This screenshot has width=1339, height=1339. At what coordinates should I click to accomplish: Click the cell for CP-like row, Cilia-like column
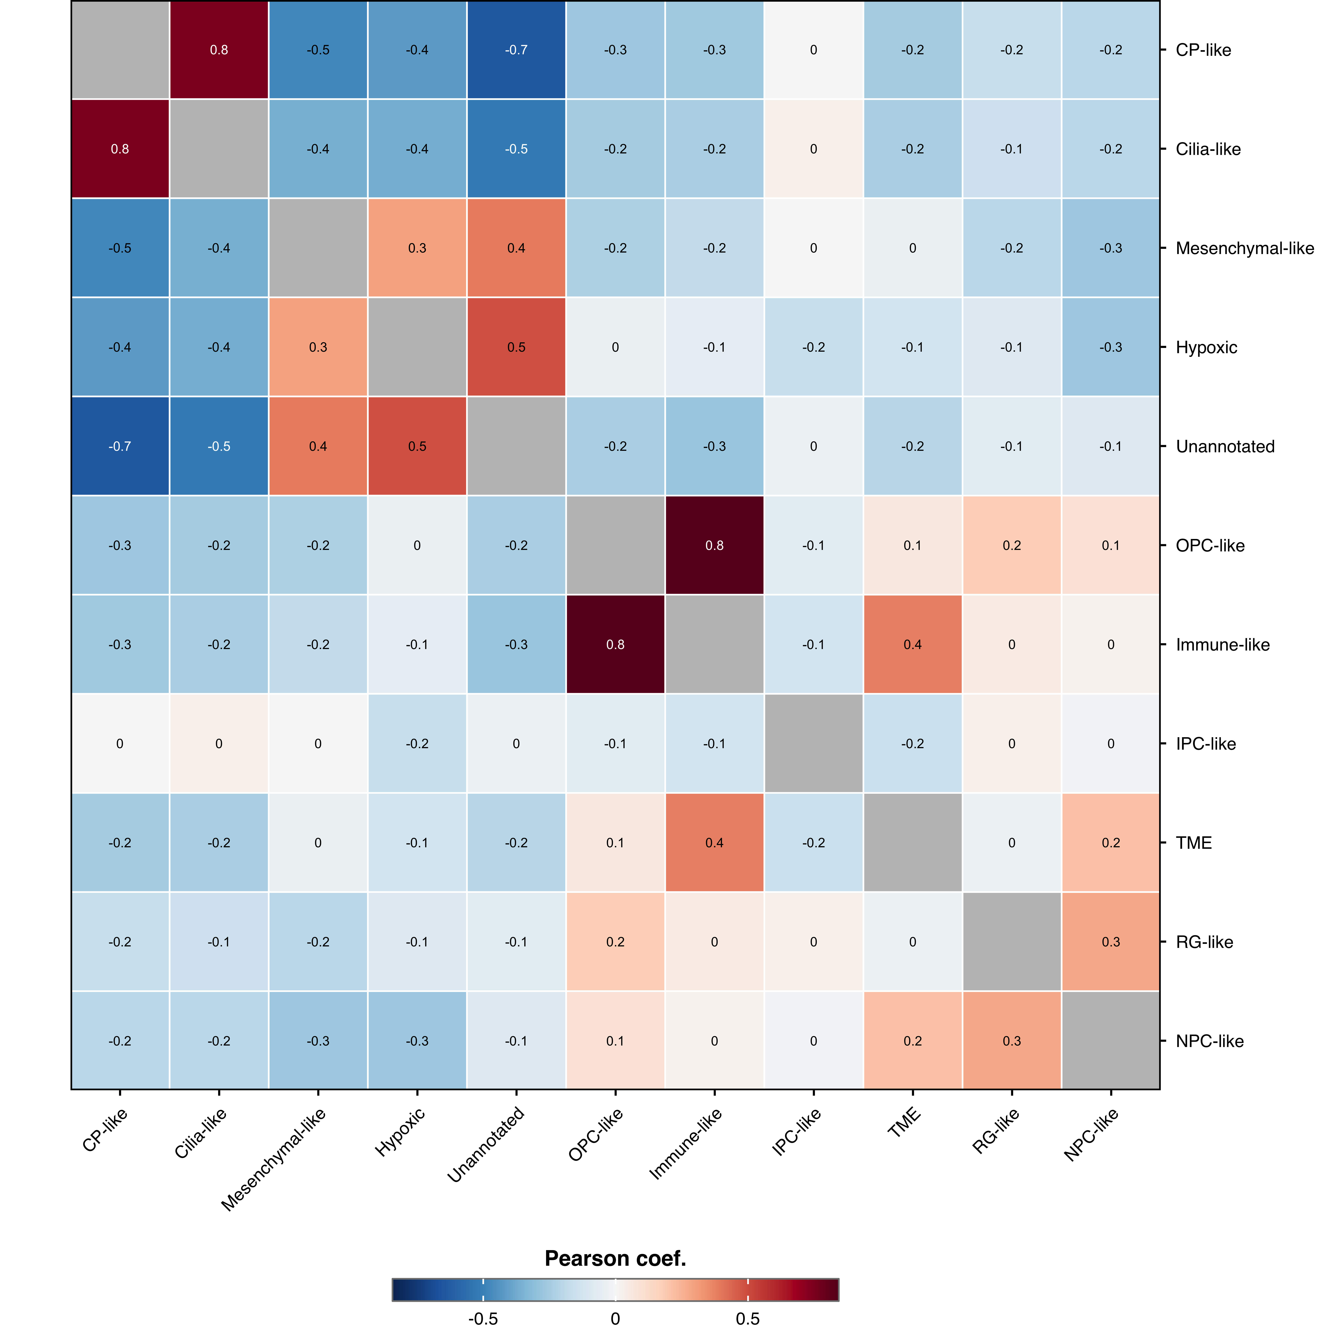[x=219, y=50]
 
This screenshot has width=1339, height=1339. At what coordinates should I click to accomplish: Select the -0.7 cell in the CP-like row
[x=516, y=50]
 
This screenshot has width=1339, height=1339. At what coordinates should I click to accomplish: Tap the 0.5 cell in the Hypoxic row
[x=516, y=347]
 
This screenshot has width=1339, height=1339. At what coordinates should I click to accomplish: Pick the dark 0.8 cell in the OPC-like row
[x=715, y=545]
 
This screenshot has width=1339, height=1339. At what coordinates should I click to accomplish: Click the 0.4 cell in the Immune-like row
[x=913, y=645]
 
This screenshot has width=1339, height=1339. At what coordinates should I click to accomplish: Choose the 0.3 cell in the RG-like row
[x=1111, y=942]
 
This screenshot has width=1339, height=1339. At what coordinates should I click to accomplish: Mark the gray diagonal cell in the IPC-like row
[x=814, y=744]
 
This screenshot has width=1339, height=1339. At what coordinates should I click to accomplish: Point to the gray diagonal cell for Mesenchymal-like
[x=318, y=248]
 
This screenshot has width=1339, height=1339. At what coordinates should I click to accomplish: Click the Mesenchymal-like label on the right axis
[x=1245, y=248]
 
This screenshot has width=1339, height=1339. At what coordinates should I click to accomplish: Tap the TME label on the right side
[x=1193, y=843]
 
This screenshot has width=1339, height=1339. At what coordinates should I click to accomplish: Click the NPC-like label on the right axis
[x=1209, y=1041]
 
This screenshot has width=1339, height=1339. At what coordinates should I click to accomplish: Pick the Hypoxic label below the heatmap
[x=400, y=1132]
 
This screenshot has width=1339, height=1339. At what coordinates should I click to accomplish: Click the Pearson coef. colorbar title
[x=615, y=1258]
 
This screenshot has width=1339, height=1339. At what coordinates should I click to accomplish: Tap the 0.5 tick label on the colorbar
[x=748, y=1318]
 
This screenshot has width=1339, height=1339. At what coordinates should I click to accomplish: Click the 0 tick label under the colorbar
[x=615, y=1318]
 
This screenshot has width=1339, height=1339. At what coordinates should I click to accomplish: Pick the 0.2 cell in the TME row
[x=1111, y=843]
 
